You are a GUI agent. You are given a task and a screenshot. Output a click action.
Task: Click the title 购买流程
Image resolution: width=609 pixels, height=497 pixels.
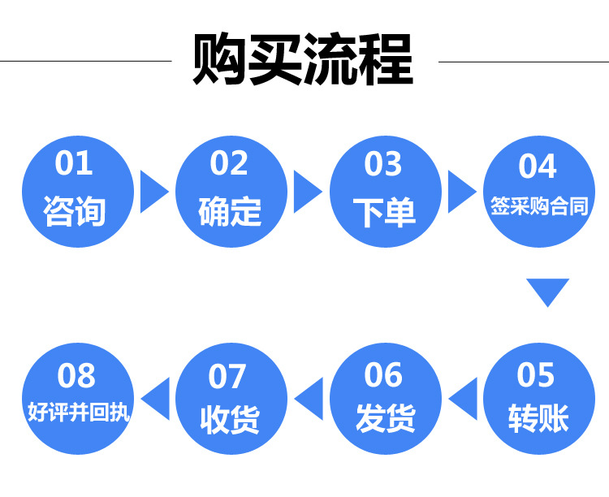point(303,59)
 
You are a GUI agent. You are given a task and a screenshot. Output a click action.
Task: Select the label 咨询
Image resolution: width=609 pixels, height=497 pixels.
point(75,210)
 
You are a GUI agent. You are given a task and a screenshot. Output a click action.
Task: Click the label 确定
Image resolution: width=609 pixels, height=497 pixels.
point(230,210)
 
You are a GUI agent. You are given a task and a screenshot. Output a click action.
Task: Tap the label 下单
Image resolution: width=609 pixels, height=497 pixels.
point(384,211)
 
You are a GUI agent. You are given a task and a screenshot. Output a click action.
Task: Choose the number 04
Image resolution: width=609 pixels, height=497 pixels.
point(538,166)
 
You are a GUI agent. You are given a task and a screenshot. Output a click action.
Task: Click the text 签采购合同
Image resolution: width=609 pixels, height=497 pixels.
point(538,206)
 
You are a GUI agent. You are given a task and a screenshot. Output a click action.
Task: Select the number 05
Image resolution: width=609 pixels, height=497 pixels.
point(536,375)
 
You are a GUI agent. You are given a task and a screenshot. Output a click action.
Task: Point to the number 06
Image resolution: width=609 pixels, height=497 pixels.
point(383,375)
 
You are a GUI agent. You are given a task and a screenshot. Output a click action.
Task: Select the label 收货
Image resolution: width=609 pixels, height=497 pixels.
point(230,420)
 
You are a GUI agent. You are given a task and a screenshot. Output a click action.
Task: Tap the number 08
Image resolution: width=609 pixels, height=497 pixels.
point(76,376)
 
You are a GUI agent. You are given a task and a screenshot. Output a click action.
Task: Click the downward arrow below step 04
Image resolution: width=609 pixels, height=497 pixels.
point(547,291)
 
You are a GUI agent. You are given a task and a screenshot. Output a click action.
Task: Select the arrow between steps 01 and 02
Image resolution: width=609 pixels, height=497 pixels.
point(153,192)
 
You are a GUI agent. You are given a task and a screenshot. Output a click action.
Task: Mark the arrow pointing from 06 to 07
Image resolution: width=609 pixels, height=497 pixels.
point(310,398)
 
